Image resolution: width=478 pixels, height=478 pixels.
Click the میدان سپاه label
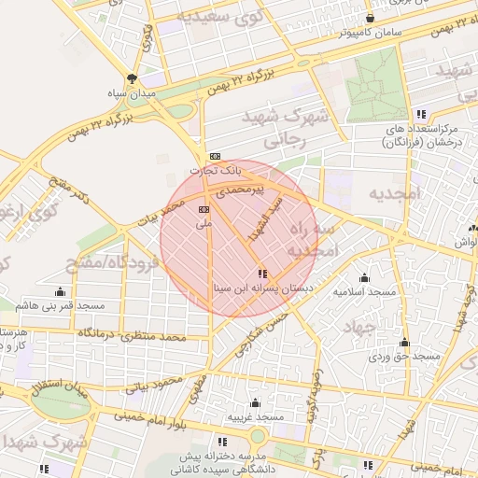click(x=132, y=93)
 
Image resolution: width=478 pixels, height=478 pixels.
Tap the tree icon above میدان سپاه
click(x=132, y=78)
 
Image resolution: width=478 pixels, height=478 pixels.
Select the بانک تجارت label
click(x=216, y=171)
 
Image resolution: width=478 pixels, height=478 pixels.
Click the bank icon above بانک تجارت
click(x=216, y=156)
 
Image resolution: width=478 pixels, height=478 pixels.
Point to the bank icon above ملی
click(x=204, y=210)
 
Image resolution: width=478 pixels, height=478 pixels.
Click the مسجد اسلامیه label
click(x=365, y=292)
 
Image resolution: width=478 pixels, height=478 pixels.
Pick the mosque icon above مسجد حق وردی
click(x=404, y=343)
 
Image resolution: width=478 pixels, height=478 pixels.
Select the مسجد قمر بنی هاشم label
click(x=61, y=306)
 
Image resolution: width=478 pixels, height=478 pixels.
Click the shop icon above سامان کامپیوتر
click(x=371, y=18)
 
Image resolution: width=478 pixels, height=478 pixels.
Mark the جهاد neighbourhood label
click(x=358, y=329)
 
